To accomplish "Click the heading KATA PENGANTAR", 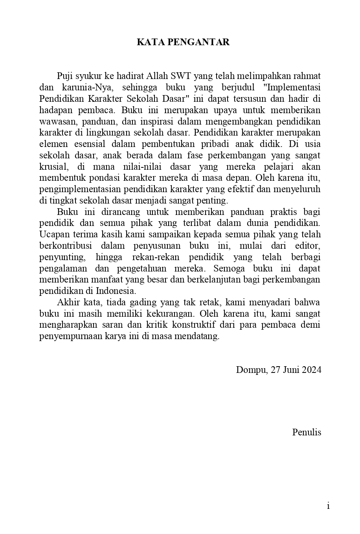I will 183,42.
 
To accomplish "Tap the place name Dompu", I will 252,370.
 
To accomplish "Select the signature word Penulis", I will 307,432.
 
